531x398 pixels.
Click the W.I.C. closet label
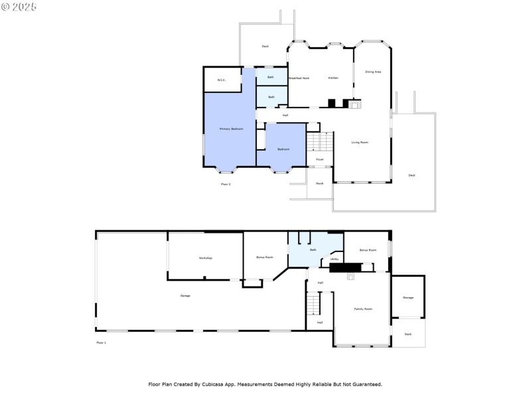[222, 80]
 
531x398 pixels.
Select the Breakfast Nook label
[299, 78]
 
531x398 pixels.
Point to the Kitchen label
[333, 78]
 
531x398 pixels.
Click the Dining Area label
[373, 72]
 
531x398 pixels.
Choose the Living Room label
[360, 142]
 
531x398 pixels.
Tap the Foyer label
[319, 159]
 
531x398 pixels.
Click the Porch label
[319, 183]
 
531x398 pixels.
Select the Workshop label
[205, 257]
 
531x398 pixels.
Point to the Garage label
[185, 295]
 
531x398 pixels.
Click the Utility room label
[335, 259]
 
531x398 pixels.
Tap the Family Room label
[363, 308]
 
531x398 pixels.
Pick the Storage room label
[408, 297]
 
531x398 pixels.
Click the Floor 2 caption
[226, 184]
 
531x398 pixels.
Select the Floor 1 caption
[101, 342]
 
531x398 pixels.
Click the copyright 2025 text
[19, 7]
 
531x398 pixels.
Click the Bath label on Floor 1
[313, 250]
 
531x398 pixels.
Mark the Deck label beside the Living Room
[412, 175]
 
